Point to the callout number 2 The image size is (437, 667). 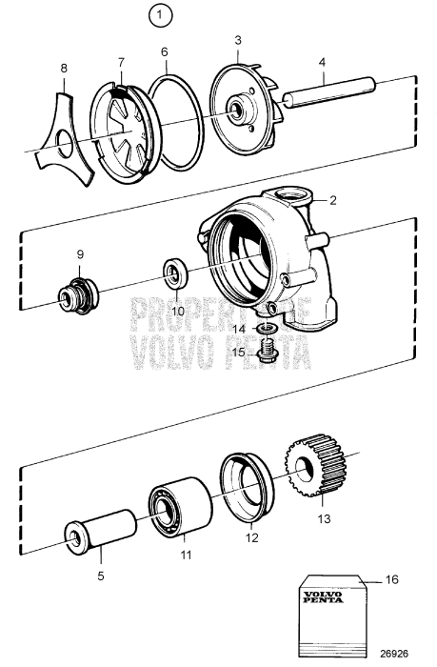[x=333, y=201]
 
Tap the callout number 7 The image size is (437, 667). [x=121, y=62]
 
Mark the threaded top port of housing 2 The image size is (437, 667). [x=288, y=197]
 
